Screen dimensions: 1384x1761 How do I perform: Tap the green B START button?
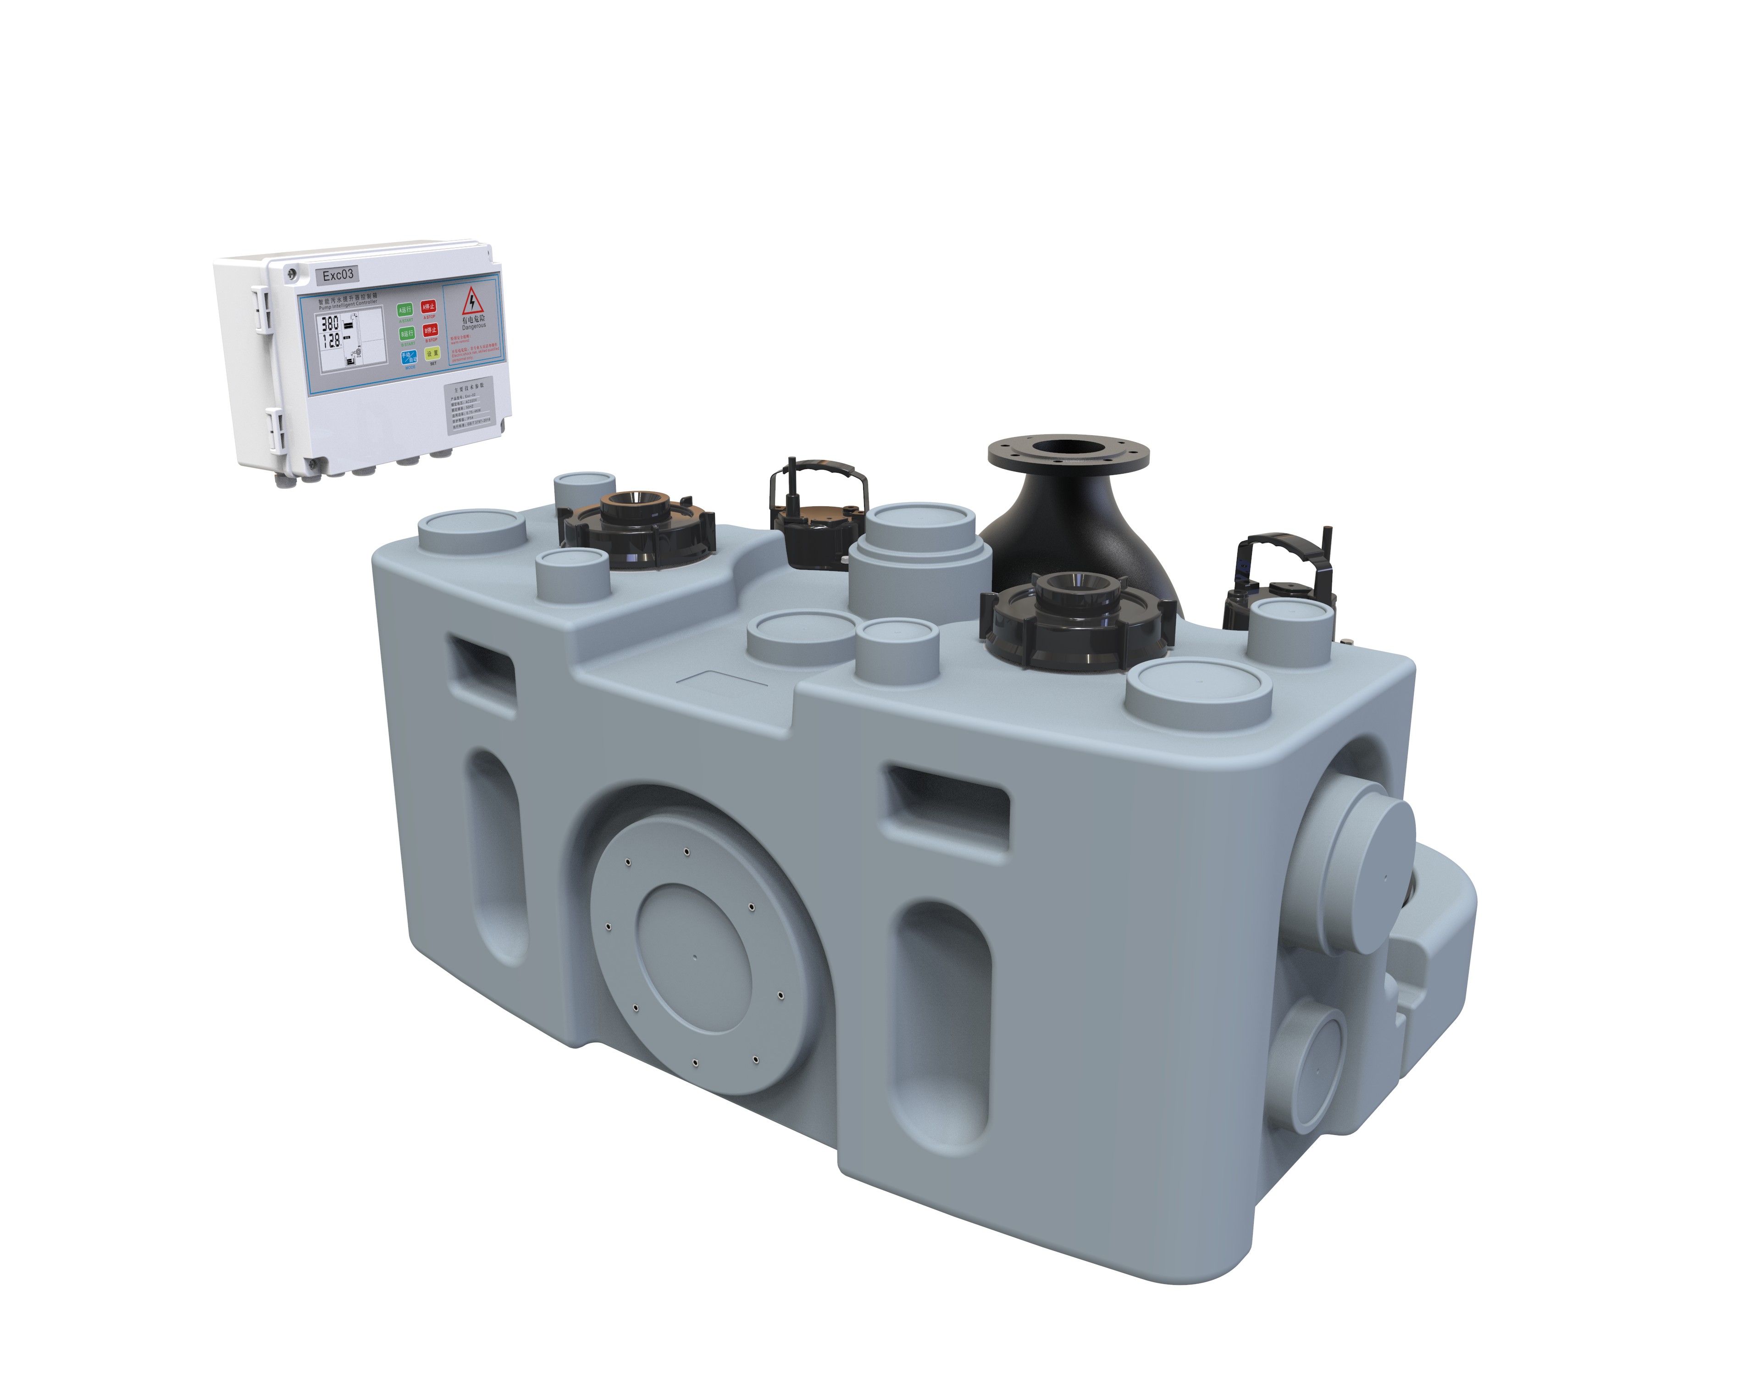coord(405,333)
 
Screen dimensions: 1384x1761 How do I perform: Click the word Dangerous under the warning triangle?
coord(474,327)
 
